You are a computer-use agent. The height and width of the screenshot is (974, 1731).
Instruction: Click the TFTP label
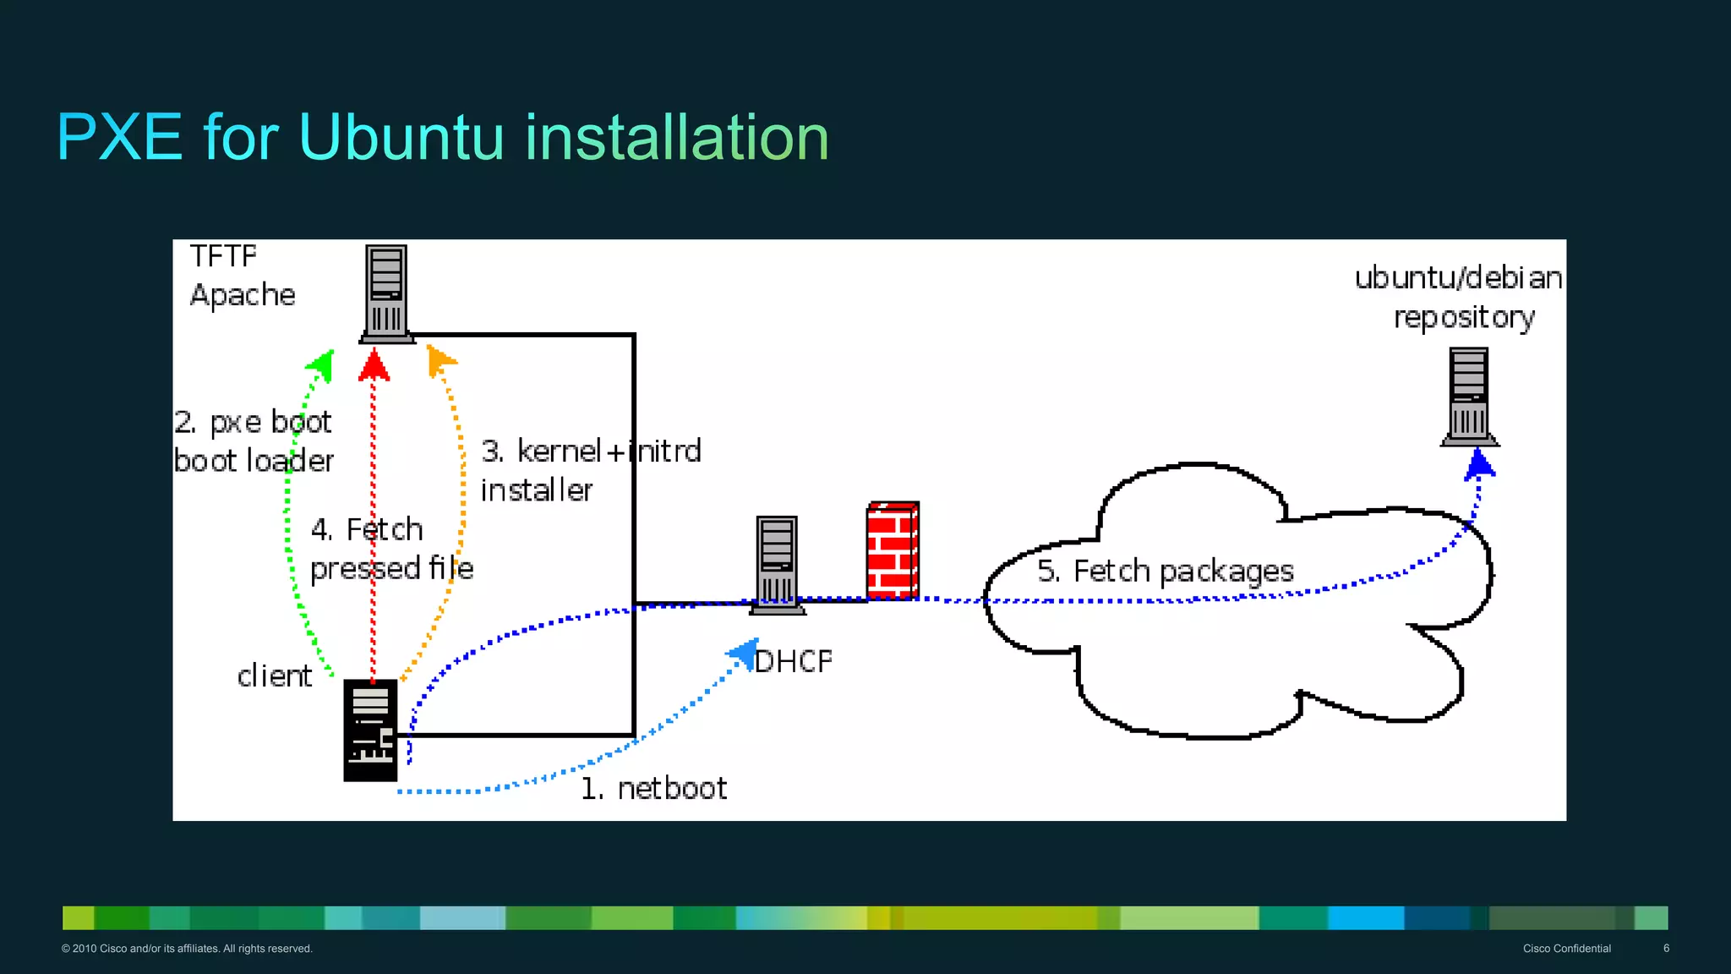click(x=222, y=255)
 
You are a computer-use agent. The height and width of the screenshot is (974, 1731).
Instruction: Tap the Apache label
click(x=243, y=295)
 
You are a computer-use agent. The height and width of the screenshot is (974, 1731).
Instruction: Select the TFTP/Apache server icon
click(x=387, y=293)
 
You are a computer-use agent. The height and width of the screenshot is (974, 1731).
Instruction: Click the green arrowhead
click(x=320, y=365)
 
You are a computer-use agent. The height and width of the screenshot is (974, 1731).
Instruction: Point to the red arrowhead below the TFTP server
click(x=374, y=366)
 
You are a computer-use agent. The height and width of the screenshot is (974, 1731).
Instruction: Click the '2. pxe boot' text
click(x=253, y=422)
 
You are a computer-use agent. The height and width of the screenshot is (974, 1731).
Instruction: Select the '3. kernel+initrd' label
click(x=591, y=451)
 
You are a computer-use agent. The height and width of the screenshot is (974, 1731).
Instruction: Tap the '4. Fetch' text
click(x=367, y=529)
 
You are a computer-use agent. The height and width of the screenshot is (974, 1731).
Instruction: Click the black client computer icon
click(x=370, y=730)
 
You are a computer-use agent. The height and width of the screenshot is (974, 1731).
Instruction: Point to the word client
click(x=274, y=676)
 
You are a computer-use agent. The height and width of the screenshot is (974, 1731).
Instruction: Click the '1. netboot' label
click(x=653, y=788)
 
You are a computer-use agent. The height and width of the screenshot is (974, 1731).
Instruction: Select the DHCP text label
click(x=793, y=661)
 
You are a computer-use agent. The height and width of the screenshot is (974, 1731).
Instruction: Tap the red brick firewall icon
click(x=893, y=550)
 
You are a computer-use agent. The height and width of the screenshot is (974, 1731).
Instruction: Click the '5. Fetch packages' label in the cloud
click(x=1166, y=572)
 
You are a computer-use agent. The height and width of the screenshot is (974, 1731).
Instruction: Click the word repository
click(x=1464, y=318)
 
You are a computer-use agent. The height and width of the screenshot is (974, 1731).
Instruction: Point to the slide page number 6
click(x=1666, y=948)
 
